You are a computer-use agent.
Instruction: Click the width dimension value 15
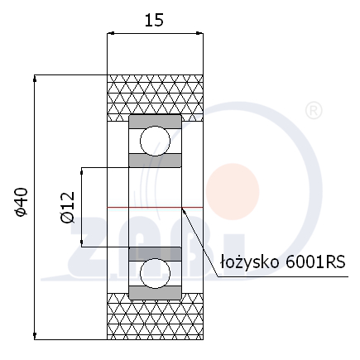click(x=154, y=21)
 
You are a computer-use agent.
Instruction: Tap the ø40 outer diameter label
click(x=22, y=202)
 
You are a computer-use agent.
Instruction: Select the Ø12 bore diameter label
click(x=68, y=207)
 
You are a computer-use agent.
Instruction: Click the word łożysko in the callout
click(x=249, y=262)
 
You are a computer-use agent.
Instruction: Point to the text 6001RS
click(x=315, y=262)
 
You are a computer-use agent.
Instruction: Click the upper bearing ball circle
click(x=155, y=141)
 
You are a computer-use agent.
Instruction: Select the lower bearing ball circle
click(x=155, y=273)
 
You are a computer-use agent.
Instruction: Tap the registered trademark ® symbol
click(x=314, y=111)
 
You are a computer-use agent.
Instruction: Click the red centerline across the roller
click(x=155, y=207)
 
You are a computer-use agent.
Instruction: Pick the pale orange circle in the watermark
click(x=233, y=192)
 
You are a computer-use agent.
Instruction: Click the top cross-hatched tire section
click(x=155, y=98)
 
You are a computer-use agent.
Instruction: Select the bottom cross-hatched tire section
click(x=155, y=316)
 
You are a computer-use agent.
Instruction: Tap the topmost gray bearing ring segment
click(x=155, y=121)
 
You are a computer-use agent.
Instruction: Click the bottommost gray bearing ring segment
click(x=155, y=293)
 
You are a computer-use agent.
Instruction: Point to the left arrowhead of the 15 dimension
click(x=111, y=33)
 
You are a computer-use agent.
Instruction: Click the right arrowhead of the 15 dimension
click(x=199, y=33)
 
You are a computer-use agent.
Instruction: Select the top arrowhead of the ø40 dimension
click(x=35, y=79)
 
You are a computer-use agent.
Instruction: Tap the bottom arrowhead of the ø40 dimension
click(x=35, y=336)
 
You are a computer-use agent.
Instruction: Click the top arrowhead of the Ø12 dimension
click(x=81, y=171)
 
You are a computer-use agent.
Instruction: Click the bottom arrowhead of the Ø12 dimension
click(x=81, y=243)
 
